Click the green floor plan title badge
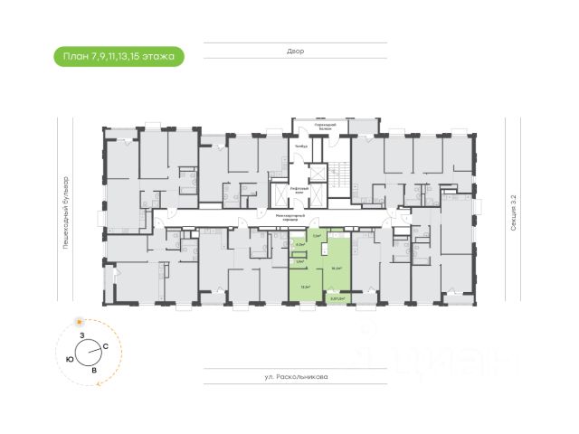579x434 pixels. pyautogui.click(x=119, y=57)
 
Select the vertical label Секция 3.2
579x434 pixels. pyautogui.click(x=512, y=217)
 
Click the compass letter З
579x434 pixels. pyautogui.click(x=81, y=335)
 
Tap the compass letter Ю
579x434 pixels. pyautogui.click(x=70, y=359)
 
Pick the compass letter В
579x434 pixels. pyautogui.click(x=94, y=369)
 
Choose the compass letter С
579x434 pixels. pyautogui.click(x=106, y=346)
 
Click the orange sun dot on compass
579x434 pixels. pyautogui.click(x=79, y=322)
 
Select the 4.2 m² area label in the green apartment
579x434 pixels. pyautogui.click(x=301, y=244)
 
